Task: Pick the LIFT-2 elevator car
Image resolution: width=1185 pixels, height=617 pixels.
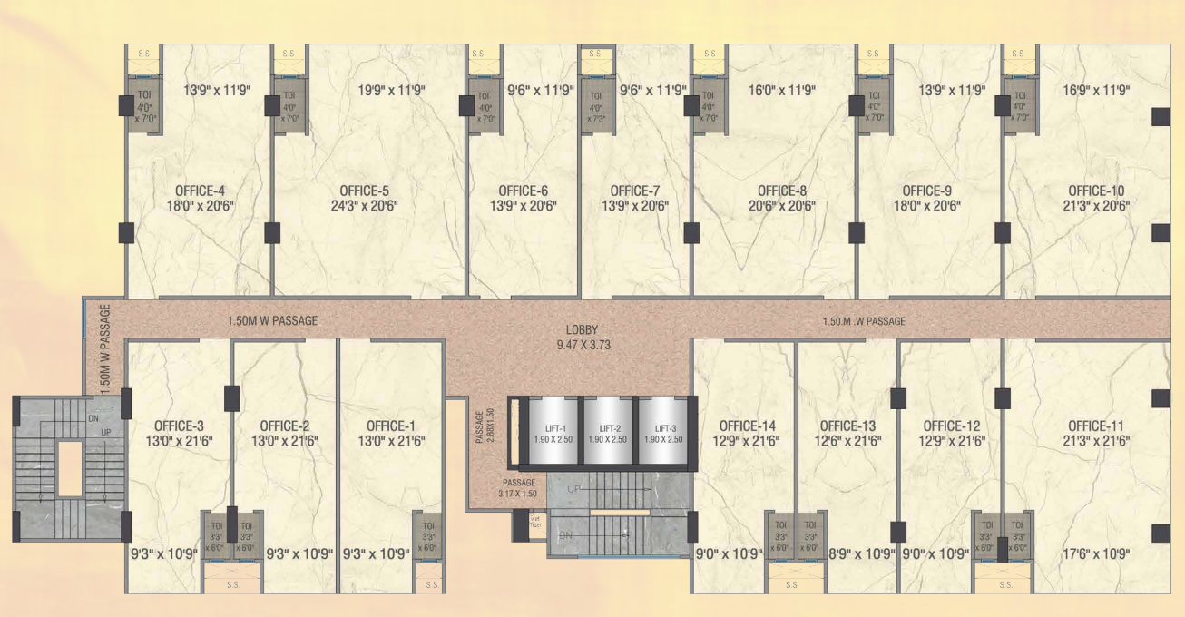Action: point(607,433)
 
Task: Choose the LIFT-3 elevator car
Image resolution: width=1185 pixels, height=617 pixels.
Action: point(663,433)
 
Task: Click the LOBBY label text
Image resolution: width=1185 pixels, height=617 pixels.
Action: point(582,330)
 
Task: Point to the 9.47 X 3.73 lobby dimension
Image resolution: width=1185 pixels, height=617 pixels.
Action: point(582,345)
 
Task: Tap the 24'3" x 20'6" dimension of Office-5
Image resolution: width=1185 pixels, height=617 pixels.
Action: point(365,206)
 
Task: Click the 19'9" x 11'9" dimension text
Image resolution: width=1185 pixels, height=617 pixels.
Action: point(391,90)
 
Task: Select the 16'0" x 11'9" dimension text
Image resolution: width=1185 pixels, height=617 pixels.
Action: point(782,90)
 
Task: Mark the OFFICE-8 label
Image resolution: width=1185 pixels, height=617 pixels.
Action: point(782,191)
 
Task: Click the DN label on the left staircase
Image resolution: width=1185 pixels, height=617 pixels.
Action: point(93,418)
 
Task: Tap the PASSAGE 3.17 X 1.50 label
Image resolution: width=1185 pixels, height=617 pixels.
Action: point(517,488)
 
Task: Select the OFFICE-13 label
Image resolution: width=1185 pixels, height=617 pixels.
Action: point(847,426)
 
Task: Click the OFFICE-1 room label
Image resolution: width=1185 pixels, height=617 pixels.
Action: point(391,426)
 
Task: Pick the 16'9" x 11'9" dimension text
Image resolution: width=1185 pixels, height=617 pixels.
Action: point(1096,90)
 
